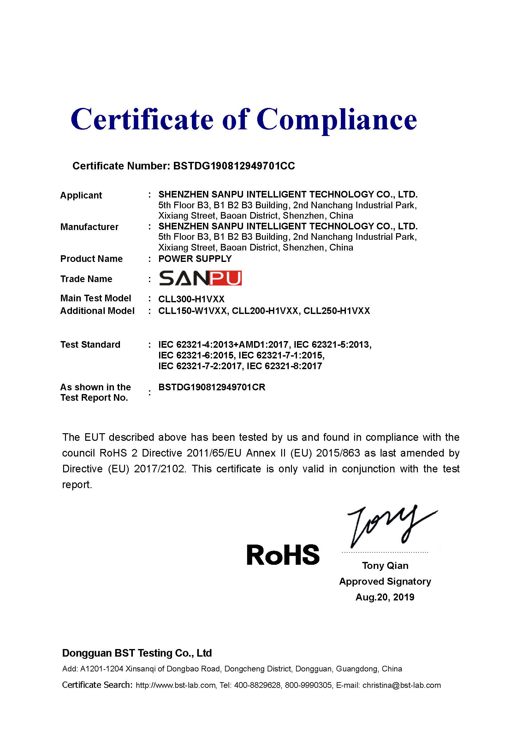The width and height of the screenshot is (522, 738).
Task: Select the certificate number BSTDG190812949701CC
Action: click(234, 166)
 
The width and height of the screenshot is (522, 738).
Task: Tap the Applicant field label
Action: click(81, 195)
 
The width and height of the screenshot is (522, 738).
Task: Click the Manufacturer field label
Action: click(89, 227)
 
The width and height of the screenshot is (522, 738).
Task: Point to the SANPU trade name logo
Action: click(200, 278)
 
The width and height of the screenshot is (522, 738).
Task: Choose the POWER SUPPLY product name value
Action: click(195, 259)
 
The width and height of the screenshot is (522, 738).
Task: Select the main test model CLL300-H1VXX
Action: click(191, 299)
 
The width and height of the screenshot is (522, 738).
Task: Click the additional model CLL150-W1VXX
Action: click(193, 311)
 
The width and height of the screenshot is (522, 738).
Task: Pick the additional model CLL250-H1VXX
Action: click(336, 311)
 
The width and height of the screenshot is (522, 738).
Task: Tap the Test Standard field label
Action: click(90, 345)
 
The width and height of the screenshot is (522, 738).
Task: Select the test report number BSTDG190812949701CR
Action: click(212, 387)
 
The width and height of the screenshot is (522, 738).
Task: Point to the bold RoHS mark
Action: click(283, 555)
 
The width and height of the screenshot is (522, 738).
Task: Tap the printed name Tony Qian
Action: click(385, 565)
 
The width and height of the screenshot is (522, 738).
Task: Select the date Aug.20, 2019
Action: click(385, 597)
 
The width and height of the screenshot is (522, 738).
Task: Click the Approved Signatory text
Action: click(385, 581)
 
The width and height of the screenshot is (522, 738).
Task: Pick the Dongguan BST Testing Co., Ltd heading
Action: click(137, 653)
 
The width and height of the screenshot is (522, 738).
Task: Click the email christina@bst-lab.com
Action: click(401, 685)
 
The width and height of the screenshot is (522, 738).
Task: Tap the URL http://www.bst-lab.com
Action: click(175, 685)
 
